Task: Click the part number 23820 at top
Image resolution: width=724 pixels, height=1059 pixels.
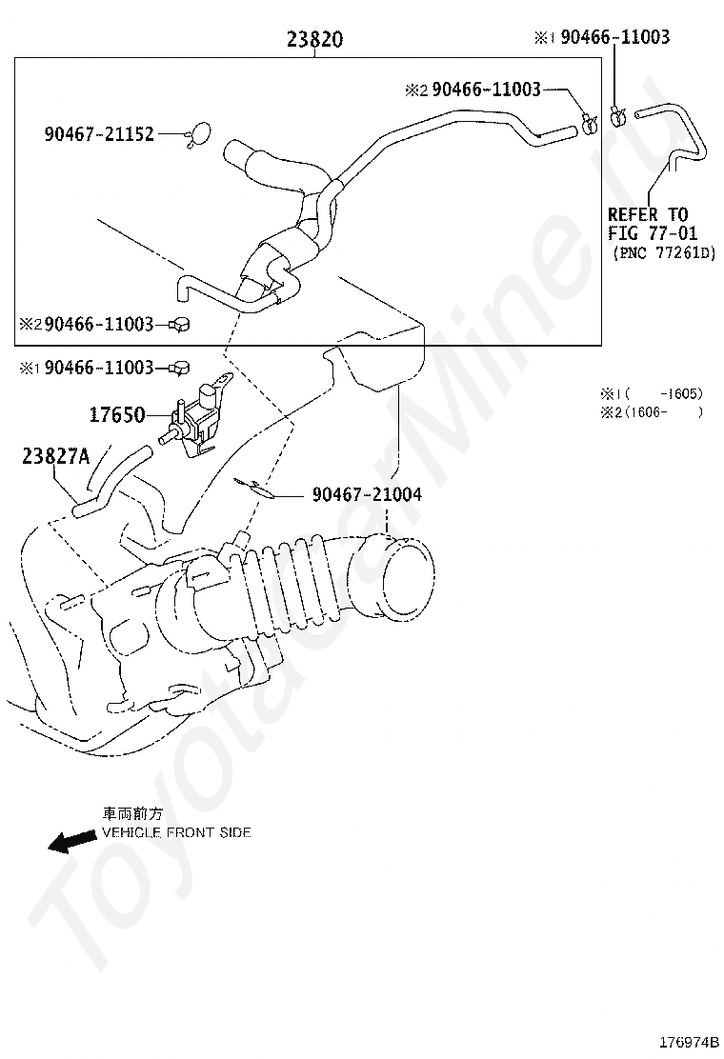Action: [x=314, y=40]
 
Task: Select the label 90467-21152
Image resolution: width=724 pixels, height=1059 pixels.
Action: [x=99, y=134]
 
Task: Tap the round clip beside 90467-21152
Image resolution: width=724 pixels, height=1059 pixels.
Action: [x=201, y=134]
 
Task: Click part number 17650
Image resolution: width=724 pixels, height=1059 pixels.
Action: [x=116, y=415]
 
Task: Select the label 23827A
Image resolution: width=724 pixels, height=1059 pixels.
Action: [x=55, y=457]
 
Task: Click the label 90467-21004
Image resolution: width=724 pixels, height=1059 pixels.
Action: [x=366, y=495]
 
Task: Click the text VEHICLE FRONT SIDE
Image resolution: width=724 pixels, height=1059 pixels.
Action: [x=176, y=832]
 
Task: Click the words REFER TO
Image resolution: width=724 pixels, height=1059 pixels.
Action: [x=647, y=215]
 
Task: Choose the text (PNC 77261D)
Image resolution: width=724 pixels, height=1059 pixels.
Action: [x=663, y=252]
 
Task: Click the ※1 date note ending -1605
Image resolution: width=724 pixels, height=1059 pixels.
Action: [x=651, y=392]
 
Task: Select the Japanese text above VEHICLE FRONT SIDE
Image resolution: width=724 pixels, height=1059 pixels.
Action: [x=133, y=815]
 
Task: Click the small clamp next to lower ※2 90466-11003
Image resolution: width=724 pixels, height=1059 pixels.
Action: [x=180, y=326]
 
